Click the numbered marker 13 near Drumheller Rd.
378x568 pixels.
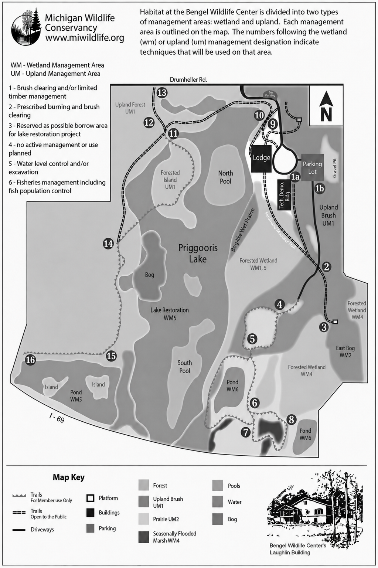pyautogui.click(x=162, y=92)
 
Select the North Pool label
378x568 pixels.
pyautogui.click(x=225, y=177)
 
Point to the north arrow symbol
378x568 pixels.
pyautogui.click(x=326, y=106)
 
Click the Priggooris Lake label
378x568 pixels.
pyautogui.click(x=198, y=253)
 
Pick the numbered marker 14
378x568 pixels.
pyautogui.click(x=108, y=244)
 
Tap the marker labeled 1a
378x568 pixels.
pyautogui.click(x=295, y=177)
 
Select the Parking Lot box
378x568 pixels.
pyautogui.click(x=312, y=168)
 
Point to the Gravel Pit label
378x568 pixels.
pyautogui.click(x=334, y=168)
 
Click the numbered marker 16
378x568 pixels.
pyautogui.click(x=30, y=360)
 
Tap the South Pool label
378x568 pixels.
pyautogui.click(x=184, y=367)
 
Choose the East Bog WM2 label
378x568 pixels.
pyautogui.click(x=345, y=351)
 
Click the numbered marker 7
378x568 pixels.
pyautogui.click(x=246, y=432)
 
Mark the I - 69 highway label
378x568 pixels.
pyautogui.click(x=57, y=418)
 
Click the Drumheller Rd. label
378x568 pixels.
pyautogui.click(x=188, y=79)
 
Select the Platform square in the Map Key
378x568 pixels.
pyautogui.click(x=91, y=498)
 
